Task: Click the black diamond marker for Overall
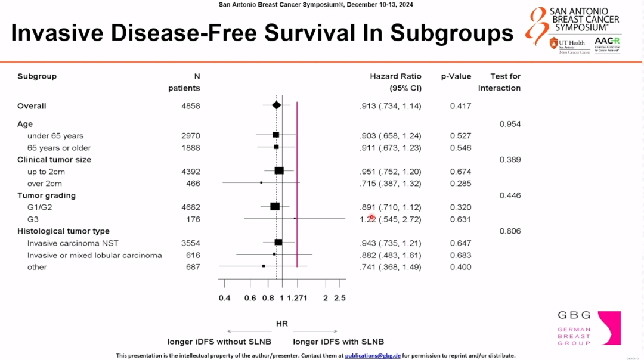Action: (276, 105)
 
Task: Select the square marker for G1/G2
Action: (275, 207)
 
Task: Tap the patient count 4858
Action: (191, 106)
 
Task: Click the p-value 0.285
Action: (460, 184)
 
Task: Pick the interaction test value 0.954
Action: (510, 124)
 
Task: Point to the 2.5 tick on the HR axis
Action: (339, 298)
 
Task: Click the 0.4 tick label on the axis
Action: (224, 298)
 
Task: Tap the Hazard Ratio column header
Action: (395, 76)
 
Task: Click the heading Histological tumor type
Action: (63, 231)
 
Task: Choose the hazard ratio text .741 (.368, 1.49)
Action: (391, 267)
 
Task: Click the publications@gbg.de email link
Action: (373, 355)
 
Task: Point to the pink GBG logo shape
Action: (609, 327)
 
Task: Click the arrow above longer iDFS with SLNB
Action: (315, 331)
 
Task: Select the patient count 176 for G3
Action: (193, 219)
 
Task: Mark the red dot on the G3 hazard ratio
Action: (371, 218)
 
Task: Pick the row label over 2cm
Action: (45, 184)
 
